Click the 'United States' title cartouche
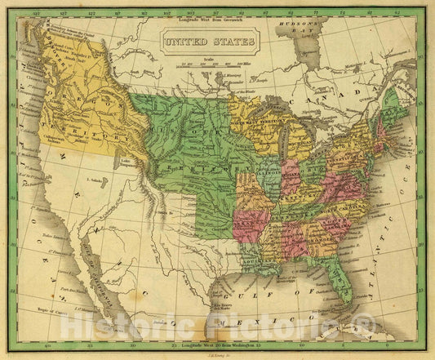[210, 40]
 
